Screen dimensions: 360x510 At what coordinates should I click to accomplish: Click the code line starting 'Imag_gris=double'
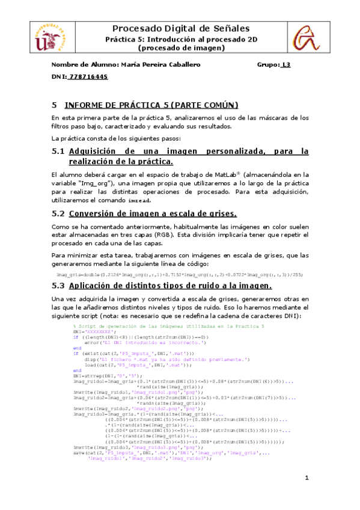(179, 274)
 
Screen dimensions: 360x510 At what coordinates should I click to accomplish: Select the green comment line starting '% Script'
(164, 325)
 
